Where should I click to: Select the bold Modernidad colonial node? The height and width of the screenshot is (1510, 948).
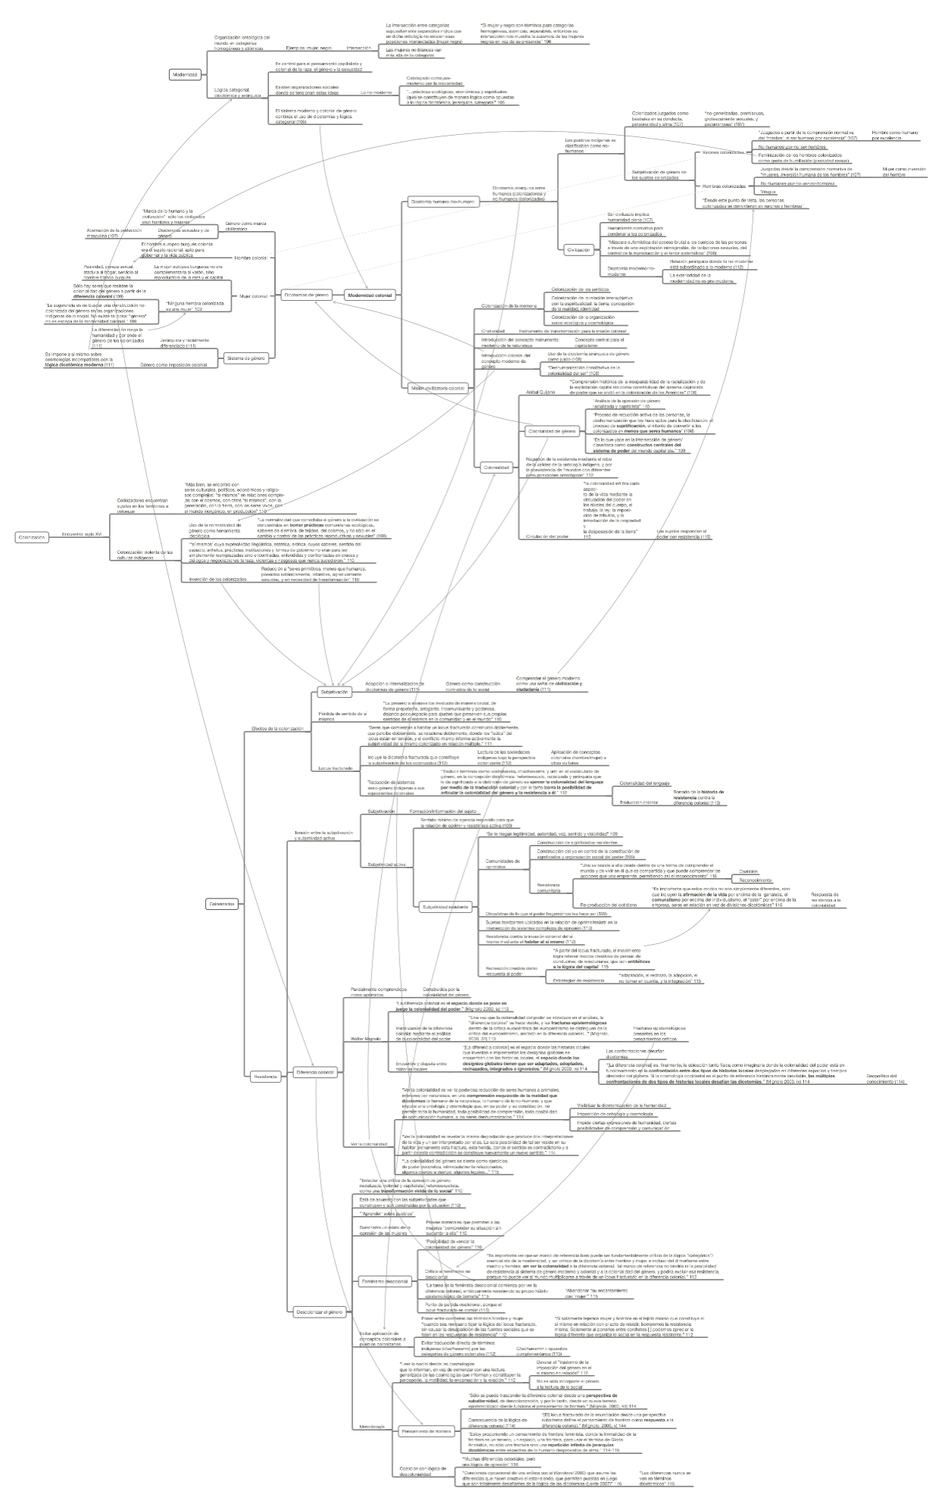[x=370, y=295]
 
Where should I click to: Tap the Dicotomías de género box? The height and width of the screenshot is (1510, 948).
[x=306, y=295]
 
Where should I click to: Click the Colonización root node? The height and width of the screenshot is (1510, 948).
[x=32, y=537]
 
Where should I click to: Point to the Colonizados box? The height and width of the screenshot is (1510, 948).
[x=222, y=904]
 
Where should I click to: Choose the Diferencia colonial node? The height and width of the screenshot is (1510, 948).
[x=315, y=1072]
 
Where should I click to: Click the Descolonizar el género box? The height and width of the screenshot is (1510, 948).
[x=316, y=1311]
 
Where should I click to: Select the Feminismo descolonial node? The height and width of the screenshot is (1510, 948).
[x=385, y=1281]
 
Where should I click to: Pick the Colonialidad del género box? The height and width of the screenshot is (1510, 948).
[x=552, y=431]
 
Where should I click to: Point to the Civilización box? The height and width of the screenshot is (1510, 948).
[x=579, y=249]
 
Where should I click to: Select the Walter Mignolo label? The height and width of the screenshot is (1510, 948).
[x=366, y=1038]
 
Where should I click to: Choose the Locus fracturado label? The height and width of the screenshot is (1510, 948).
[x=335, y=768]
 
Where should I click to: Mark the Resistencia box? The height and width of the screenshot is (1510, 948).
[x=264, y=1075]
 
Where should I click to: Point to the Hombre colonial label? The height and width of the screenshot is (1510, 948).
[x=251, y=258]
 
